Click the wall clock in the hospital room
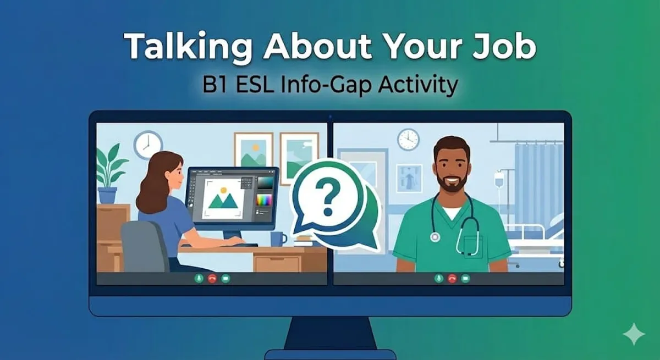pos(408,139)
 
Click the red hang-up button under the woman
pos(212,279)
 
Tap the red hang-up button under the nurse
pos(452,279)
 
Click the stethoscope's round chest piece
pos(436,237)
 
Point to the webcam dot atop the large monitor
pos(330,117)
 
